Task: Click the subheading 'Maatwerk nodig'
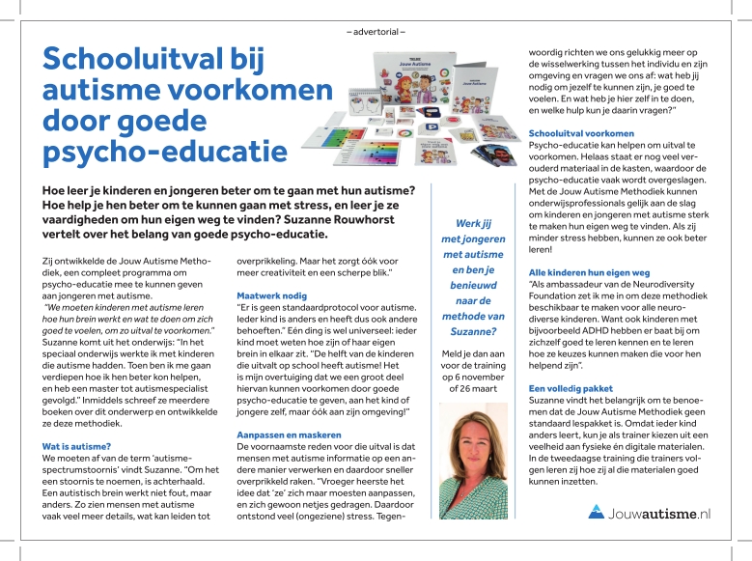click(x=273, y=294)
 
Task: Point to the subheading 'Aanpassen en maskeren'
click(x=290, y=435)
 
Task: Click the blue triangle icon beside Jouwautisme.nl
click(x=597, y=512)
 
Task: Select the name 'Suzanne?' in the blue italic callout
click(x=473, y=331)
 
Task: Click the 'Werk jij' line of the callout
click(x=473, y=223)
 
